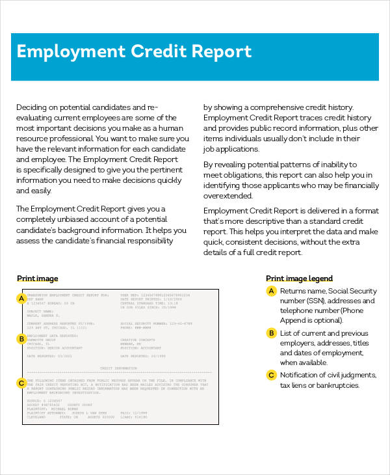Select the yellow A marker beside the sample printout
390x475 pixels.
pyautogui.click(x=21, y=299)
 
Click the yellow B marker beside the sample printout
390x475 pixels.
pyautogui.click(x=21, y=338)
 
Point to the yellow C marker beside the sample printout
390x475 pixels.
pyautogui.click(x=21, y=383)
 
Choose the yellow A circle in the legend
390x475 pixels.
pyautogui.click(x=271, y=291)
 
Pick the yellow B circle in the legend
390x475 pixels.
pyautogui.click(x=271, y=333)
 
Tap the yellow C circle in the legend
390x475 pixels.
pyautogui.click(x=271, y=375)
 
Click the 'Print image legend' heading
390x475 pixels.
pyautogui.click(x=299, y=278)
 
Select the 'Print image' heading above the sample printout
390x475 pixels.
pyautogui.click(x=38, y=278)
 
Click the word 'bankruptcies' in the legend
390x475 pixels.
pyautogui.click(x=337, y=386)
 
